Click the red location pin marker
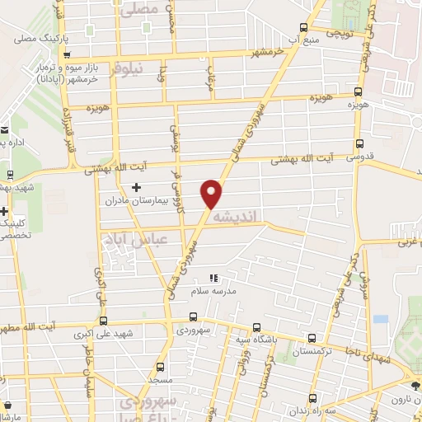(x=213, y=193)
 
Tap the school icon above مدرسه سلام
(x=213, y=279)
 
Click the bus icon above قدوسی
(x=357, y=143)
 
